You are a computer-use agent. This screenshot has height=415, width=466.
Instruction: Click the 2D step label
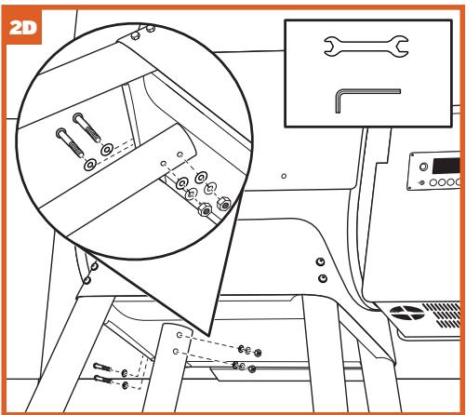[23, 28]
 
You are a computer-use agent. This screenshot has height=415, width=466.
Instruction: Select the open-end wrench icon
[366, 47]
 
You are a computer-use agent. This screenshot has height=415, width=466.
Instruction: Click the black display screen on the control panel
[446, 166]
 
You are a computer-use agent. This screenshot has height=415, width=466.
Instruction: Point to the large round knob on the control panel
[423, 167]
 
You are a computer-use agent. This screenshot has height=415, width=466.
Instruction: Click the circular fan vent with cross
[407, 313]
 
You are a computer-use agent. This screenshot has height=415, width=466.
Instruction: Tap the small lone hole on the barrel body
[284, 176]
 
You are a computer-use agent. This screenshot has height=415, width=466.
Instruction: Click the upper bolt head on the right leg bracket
[321, 261]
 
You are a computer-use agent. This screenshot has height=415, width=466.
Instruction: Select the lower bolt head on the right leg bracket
[323, 278]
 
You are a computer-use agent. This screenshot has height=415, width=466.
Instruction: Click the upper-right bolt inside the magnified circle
[87, 127]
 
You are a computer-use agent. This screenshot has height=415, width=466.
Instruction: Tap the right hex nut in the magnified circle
[224, 204]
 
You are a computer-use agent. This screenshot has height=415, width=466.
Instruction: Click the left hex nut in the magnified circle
[205, 210]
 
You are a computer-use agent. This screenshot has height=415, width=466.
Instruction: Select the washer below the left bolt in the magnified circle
[90, 165]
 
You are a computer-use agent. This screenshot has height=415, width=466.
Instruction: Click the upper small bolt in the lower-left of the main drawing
[102, 368]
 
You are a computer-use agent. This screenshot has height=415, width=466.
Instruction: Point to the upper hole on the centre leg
[180, 335]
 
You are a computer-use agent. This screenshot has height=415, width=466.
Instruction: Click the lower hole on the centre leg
[176, 351]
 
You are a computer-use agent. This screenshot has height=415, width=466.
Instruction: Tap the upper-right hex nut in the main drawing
[258, 353]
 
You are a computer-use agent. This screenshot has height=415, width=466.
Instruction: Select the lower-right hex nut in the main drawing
[252, 368]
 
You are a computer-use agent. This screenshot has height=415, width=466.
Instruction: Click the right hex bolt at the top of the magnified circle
[151, 29]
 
